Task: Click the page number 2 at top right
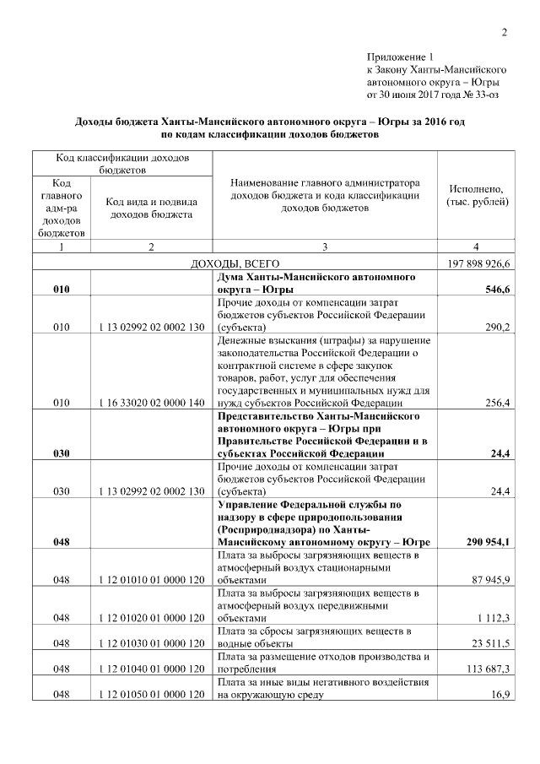tap(505, 33)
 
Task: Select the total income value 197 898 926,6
tap(478, 263)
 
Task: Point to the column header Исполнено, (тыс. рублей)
tap(478, 196)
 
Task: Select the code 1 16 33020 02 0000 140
tap(150, 404)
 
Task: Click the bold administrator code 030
tap(61, 453)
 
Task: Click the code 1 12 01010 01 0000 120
tap(150, 580)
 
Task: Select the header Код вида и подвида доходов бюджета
tap(150, 208)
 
